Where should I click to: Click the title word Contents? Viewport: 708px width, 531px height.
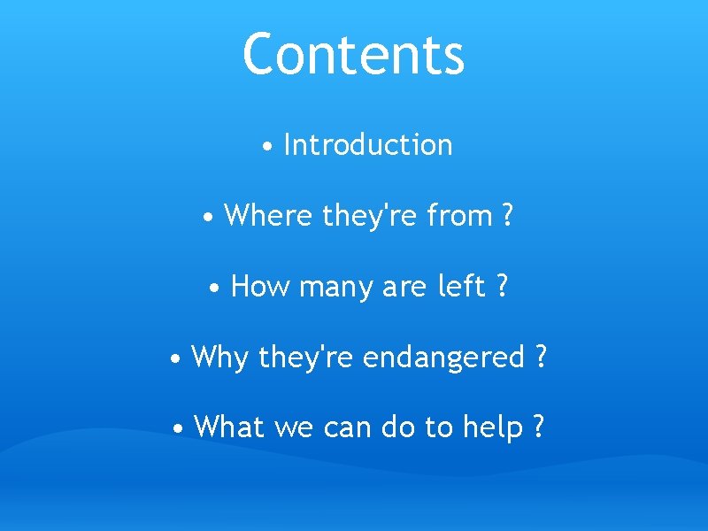coord(353,54)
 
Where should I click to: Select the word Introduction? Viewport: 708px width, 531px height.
coord(368,145)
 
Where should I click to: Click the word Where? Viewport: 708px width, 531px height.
coord(270,216)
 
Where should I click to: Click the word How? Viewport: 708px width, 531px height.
coord(259,287)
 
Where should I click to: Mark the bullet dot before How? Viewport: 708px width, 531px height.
coord(215,289)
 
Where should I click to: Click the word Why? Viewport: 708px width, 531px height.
coord(219,358)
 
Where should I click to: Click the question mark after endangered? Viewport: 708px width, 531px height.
coord(541,358)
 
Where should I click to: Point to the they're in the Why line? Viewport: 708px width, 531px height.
coord(306,358)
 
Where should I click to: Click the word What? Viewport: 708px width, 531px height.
coord(229,427)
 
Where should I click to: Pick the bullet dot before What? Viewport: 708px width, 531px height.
coord(180,430)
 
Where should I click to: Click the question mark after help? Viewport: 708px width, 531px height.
coord(538,427)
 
